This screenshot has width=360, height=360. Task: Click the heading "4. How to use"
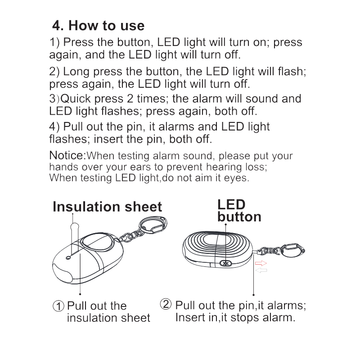98,25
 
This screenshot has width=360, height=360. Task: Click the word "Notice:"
67,155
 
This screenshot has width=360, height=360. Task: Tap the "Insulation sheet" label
107,207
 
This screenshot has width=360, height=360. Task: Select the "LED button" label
239,211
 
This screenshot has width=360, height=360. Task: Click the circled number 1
58,306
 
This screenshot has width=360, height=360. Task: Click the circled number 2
166,304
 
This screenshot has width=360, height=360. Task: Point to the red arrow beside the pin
261,263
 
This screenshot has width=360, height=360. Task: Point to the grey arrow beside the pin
261,270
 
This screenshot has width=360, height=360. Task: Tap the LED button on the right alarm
226,263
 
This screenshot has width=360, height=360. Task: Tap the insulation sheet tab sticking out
75,227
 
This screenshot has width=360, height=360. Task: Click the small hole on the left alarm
68,258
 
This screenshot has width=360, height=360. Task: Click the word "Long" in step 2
76,72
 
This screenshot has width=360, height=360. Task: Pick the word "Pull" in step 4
73,126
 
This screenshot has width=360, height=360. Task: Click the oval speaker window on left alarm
98,243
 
